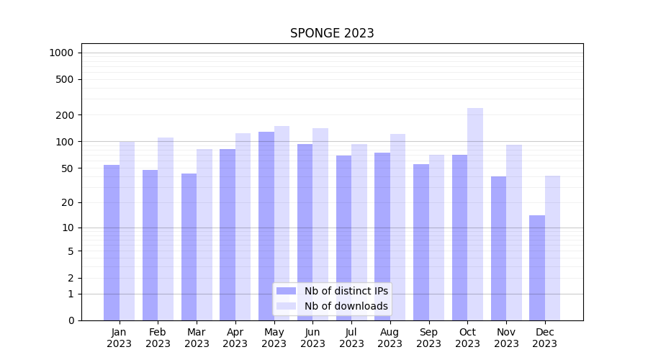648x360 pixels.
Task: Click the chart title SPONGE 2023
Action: tap(332, 33)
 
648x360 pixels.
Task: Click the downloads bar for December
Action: tap(553, 248)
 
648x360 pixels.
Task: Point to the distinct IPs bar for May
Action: tap(266, 226)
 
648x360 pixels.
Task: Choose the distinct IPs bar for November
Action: tap(498, 248)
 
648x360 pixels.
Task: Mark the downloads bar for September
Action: tap(436, 238)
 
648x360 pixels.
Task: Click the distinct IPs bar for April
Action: tap(228, 235)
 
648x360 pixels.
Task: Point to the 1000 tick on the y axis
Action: tap(61, 53)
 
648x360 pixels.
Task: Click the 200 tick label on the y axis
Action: tap(65, 115)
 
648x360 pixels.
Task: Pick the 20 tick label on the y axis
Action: tap(68, 202)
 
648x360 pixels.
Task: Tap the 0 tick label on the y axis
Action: tap(71, 320)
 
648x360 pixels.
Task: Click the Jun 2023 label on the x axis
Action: tap(312, 338)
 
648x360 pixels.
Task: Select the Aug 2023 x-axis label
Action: tap(390, 338)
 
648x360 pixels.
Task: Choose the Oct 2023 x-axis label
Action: tap(467, 338)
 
